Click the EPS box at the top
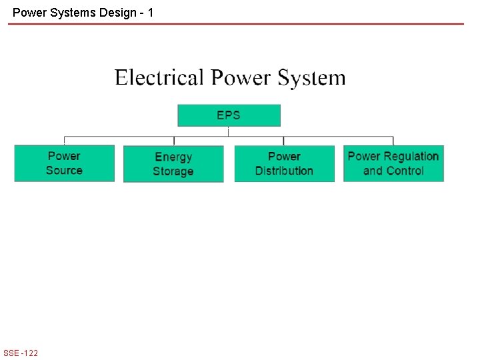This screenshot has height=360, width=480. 229,115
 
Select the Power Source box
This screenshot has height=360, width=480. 64,163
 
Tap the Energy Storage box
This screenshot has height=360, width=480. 173,164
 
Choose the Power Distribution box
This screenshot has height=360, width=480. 284,164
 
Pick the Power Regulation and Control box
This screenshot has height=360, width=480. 393,163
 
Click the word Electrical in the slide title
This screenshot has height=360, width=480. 159,78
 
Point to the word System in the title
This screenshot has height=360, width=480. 311,79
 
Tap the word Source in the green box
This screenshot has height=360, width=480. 64,171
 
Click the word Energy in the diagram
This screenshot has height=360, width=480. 173,157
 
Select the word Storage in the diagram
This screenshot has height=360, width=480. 173,171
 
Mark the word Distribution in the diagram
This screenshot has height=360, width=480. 284,171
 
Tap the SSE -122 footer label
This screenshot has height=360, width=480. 21,353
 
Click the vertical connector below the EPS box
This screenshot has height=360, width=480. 229,131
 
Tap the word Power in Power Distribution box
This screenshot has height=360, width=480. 284,157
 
